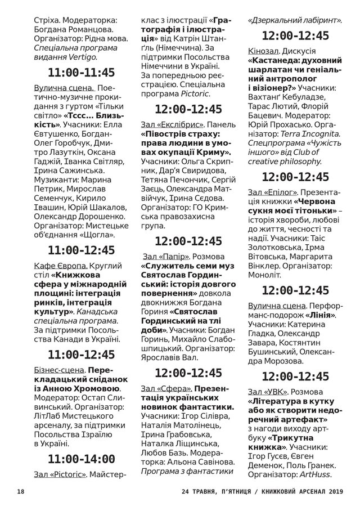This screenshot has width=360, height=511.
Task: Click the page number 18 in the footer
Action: tap(21, 491)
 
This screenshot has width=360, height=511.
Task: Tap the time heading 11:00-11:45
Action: tap(82, 73)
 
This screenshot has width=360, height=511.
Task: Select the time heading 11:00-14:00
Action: tap(82, 459)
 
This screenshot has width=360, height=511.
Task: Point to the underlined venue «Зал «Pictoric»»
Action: tap(61, 474)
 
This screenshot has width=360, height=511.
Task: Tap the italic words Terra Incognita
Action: tap(308, 133)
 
